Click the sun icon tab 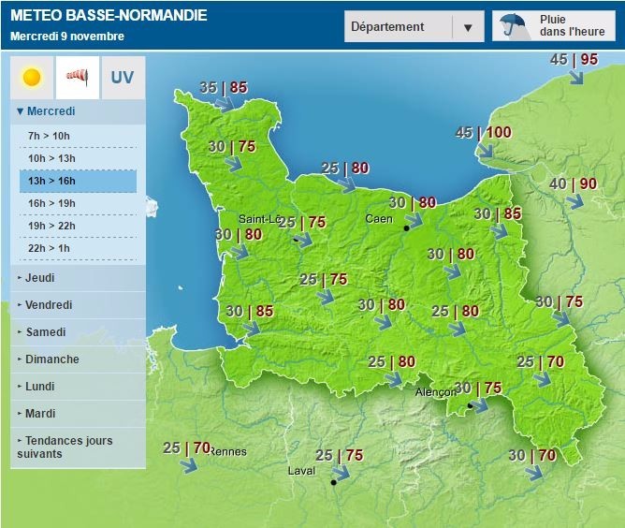(32, 78)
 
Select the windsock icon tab (78, 78)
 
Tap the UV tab (123, 78)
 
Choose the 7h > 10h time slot (50, 136)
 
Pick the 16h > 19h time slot (51, 202)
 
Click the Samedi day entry (46, 332)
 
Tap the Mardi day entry (42, 414)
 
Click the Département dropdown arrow (468, 27)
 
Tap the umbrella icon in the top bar (512, 25)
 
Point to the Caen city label (379, 218)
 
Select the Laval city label (300, 472)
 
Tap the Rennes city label (227, 451)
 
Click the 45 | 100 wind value (483, 133)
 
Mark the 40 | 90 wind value (573, 184)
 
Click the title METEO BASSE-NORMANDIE (109, 16)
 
